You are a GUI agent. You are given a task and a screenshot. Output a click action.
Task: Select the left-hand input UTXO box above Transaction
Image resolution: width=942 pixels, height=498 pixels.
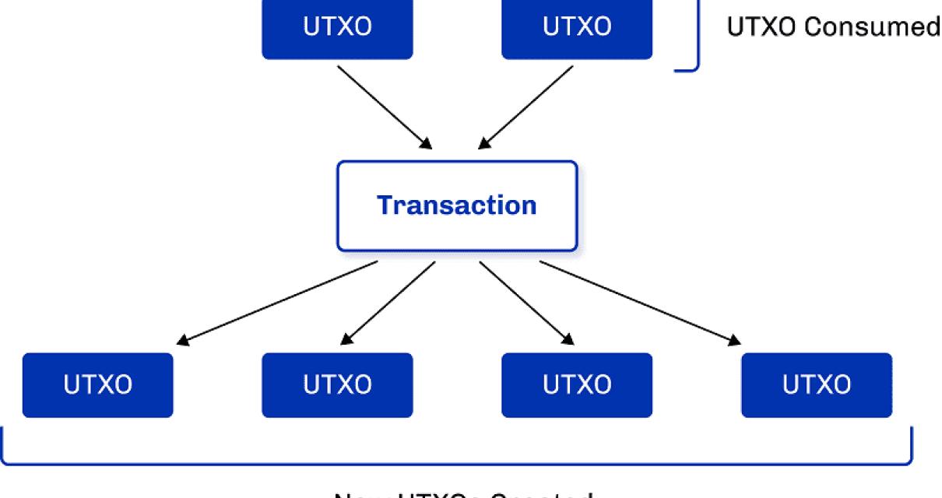pos(337,29)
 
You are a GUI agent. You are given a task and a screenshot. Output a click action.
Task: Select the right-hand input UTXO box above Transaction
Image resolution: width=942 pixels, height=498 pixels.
pos(577,29)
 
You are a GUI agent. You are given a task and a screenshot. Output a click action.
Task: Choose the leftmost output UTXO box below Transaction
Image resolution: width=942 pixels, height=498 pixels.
pos(97,385)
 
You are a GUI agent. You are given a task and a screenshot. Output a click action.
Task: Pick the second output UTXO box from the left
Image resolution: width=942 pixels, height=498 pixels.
pos(337,385)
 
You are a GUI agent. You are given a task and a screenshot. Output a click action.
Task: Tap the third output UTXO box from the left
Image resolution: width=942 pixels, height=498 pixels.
pos(577,385)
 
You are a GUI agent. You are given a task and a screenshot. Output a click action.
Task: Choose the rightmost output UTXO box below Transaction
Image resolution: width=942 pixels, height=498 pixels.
pos(817,385)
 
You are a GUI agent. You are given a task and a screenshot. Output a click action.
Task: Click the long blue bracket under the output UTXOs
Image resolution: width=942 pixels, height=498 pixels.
pos(457,464)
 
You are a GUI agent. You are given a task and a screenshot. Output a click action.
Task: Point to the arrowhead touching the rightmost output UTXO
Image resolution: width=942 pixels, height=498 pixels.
pos(734,340)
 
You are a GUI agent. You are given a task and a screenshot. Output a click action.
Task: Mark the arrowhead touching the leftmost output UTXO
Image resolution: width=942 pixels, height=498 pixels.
pos(182,340)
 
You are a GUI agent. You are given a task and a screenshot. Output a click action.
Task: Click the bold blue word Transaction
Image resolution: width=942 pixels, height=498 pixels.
pos(457,205)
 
